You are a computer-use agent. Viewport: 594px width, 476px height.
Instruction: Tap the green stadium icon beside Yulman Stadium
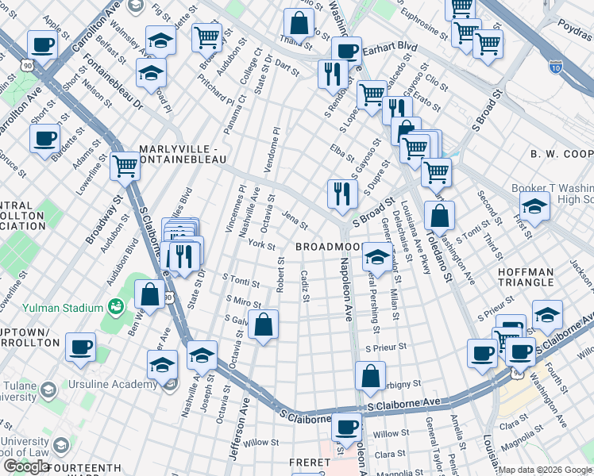tap(117, 305)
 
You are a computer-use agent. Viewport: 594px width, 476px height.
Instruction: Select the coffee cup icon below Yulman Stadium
tap(80, 347)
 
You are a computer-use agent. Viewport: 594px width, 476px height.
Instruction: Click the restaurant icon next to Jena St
tap(342, 193)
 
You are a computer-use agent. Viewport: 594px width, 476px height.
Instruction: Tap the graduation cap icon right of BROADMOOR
tap(378, 256)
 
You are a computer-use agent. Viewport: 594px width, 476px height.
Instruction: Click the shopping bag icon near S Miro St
tap(263, 324)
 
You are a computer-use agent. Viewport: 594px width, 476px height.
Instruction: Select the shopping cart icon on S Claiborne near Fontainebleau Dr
tap(125, 166)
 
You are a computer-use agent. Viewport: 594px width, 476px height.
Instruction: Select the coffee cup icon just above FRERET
tap(346, 427)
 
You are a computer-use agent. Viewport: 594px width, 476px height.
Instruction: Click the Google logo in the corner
tap(26, 466)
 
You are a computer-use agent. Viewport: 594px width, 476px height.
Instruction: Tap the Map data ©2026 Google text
tap(545, 470)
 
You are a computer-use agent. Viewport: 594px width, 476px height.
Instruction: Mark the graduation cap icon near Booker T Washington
tap(535, 205)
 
